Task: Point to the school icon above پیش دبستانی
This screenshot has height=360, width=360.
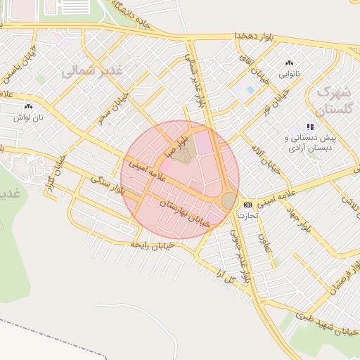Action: (x=310, y=127)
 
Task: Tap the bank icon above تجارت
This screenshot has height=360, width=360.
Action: (x=247, y=205)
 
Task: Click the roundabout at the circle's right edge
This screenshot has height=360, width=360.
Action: (x=229, y=200)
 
